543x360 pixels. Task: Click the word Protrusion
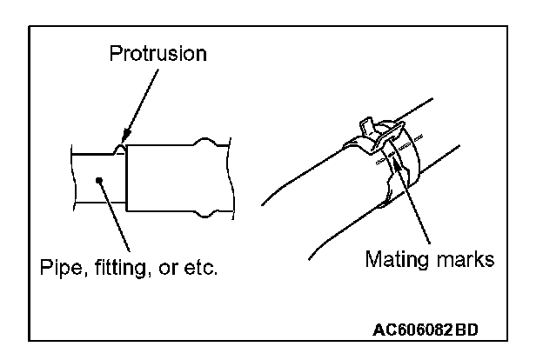tap(158, 54)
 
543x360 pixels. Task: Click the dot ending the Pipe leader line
tap(101, 181)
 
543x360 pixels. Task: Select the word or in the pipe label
tap(166, 264)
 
